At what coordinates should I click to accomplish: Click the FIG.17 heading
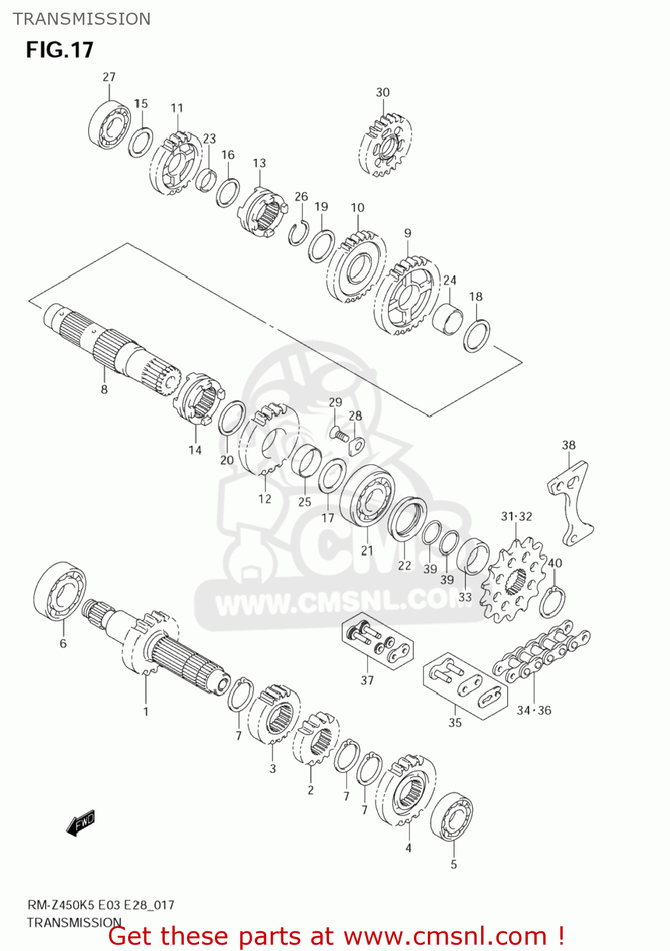point(60,50)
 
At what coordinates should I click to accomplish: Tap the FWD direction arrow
point(81,824)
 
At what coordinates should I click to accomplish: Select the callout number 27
point(109,77)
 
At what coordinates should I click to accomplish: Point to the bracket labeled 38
point(571,501)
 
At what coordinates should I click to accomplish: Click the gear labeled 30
point(385,145)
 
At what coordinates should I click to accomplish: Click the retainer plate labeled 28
point(357,446)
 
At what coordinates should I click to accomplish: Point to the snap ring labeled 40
point(552,602)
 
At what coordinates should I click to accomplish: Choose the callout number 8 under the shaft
point(104,389)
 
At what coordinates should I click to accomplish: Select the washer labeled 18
point(476,336)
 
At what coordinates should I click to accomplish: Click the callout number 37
point(367,680)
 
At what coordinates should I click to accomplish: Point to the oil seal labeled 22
point(407,519)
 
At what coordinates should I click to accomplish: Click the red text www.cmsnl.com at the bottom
point(444,936)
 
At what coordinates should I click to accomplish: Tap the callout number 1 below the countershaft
point(146,711)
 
